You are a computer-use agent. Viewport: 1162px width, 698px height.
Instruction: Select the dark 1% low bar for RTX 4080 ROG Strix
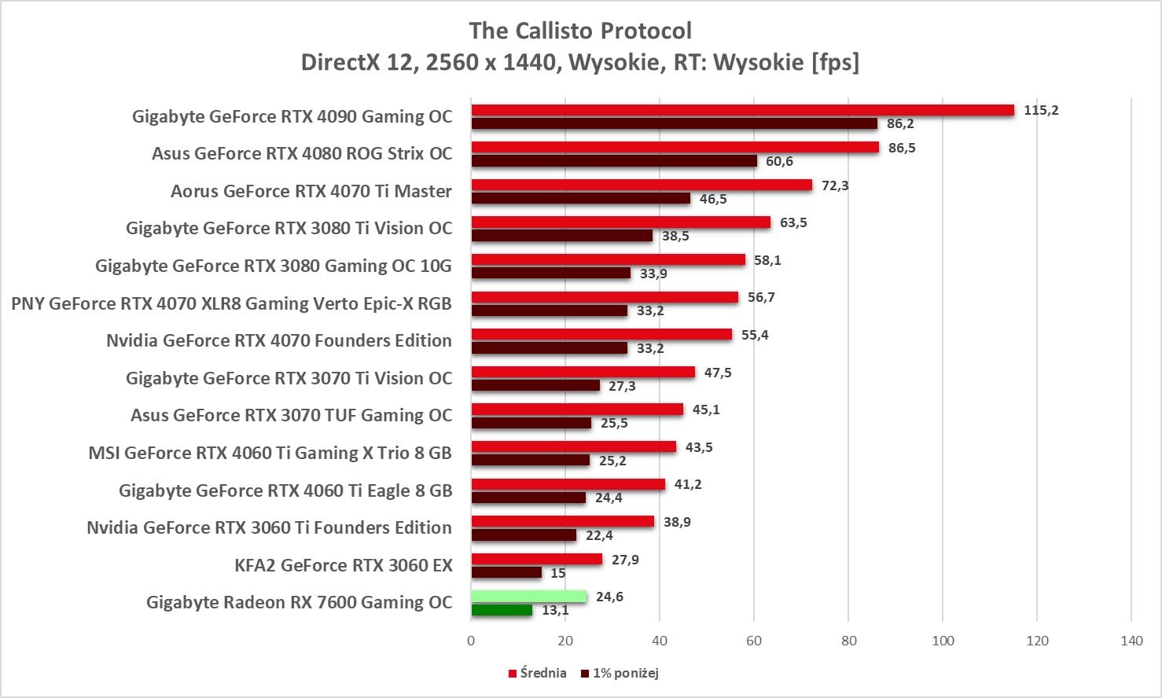pyautogui.click(x=614, y=161)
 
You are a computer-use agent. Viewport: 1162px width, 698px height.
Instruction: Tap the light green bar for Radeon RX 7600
pyautogui.click(x=528, y=597)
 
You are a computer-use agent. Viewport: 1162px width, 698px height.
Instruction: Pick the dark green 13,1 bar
pyautogui.click(x=502, y=610)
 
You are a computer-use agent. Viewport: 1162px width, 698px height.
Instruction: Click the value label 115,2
pyautogui.click(x=1041, y=110)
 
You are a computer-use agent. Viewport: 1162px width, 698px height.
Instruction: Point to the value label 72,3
pyautogui.click(x=835, y=186)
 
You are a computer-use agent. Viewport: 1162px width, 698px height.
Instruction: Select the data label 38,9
pyautogui.click(x=677, y=522)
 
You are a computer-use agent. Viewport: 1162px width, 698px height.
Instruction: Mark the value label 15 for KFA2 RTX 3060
pyautogui.click(x=558, y=573)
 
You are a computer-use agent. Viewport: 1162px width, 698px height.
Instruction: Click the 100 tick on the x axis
pyautogui.click(x=943, y=641)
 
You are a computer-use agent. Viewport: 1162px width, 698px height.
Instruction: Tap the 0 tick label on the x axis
pyautogui.click(x=471, y=641)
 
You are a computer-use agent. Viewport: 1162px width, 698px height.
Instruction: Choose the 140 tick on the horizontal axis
pyautogui.click(x=1131, y=641)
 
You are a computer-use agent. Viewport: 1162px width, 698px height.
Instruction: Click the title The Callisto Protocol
pyautogui.click(x=580, y=31)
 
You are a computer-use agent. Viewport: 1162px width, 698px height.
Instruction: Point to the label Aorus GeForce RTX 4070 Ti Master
pyautogui.click(x=311, y=191)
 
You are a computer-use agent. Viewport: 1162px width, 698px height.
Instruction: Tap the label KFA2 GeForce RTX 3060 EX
pyautogui.click(x=344, y=565)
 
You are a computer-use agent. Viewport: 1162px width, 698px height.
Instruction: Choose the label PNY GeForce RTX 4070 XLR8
pyautogui.click(x=231, y=303)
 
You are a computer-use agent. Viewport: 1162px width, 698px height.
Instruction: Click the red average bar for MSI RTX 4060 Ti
pyautogui.click(x=573, y=447)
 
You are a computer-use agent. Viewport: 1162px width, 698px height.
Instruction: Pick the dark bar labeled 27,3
pyautogui.click(x=535, y=386)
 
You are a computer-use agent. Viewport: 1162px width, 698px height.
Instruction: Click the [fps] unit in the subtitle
pyautogui.click(x=835, y=62)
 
